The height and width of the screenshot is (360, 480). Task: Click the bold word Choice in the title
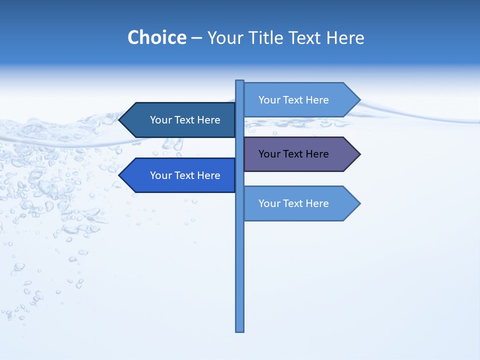[x=156, y=37]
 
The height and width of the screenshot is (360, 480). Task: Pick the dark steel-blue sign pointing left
[x=180, y=120]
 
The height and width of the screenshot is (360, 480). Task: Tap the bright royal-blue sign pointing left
[x=180, y=175]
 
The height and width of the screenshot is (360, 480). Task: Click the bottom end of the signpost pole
[x=240, y=329]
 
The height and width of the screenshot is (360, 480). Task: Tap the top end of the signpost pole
[x=240, y=82]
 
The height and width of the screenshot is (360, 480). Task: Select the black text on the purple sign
[x=293, y=154]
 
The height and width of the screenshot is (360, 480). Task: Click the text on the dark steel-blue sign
[x=185, y=120]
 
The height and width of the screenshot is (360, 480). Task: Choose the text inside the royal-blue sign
[x=185, y=175]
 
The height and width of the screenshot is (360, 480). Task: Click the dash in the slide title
[x=196, y=38]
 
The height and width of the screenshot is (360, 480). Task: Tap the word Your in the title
[x=223, y=37]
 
